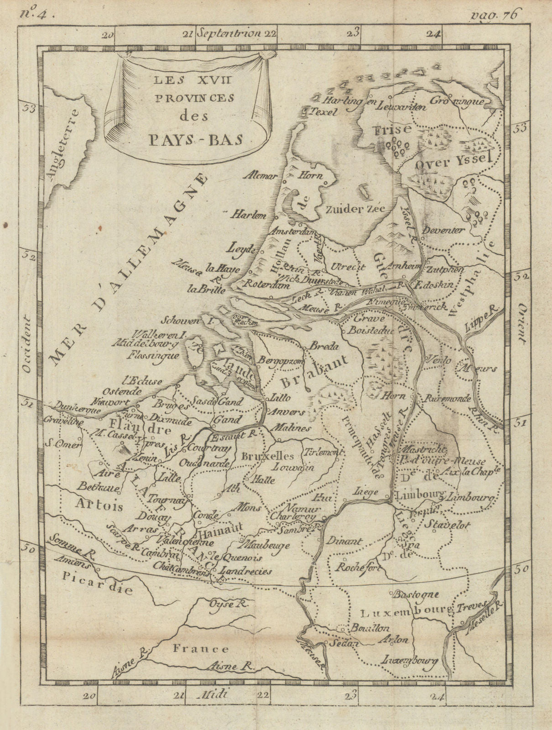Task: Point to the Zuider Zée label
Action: (356, 209)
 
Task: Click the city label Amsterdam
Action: (294, 231)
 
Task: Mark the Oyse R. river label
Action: (227, 604)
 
